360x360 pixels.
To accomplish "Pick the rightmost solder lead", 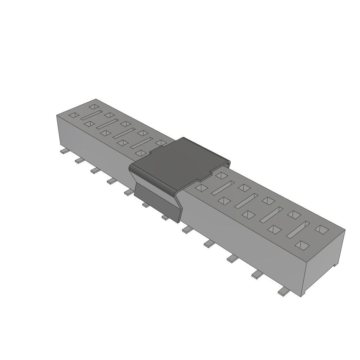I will [x=283, y=291].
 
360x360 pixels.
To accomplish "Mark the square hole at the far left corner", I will [x=74, y=115].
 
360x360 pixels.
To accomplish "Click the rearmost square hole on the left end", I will [x=94, y=106].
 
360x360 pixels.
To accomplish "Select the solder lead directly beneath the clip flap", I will [x=146, y=205].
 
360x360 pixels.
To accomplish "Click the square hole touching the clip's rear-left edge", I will [x=161, y=143].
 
